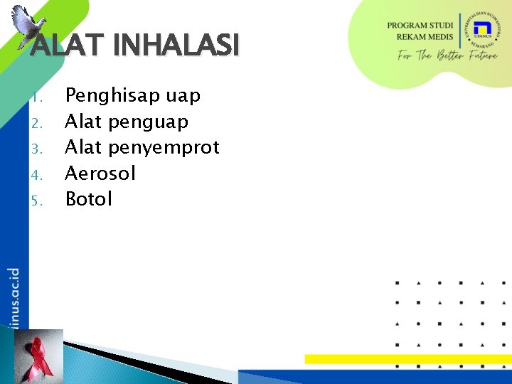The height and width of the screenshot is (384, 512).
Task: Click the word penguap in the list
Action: pos(148,122)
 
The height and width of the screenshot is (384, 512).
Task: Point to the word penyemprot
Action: pos(164,148)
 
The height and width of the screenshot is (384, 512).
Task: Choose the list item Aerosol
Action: pos(100,174)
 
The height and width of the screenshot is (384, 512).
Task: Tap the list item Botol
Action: pos(89,199)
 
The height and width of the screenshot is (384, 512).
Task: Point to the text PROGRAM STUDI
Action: pos(420,26)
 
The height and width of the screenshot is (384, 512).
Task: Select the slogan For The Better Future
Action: pos(447,55)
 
